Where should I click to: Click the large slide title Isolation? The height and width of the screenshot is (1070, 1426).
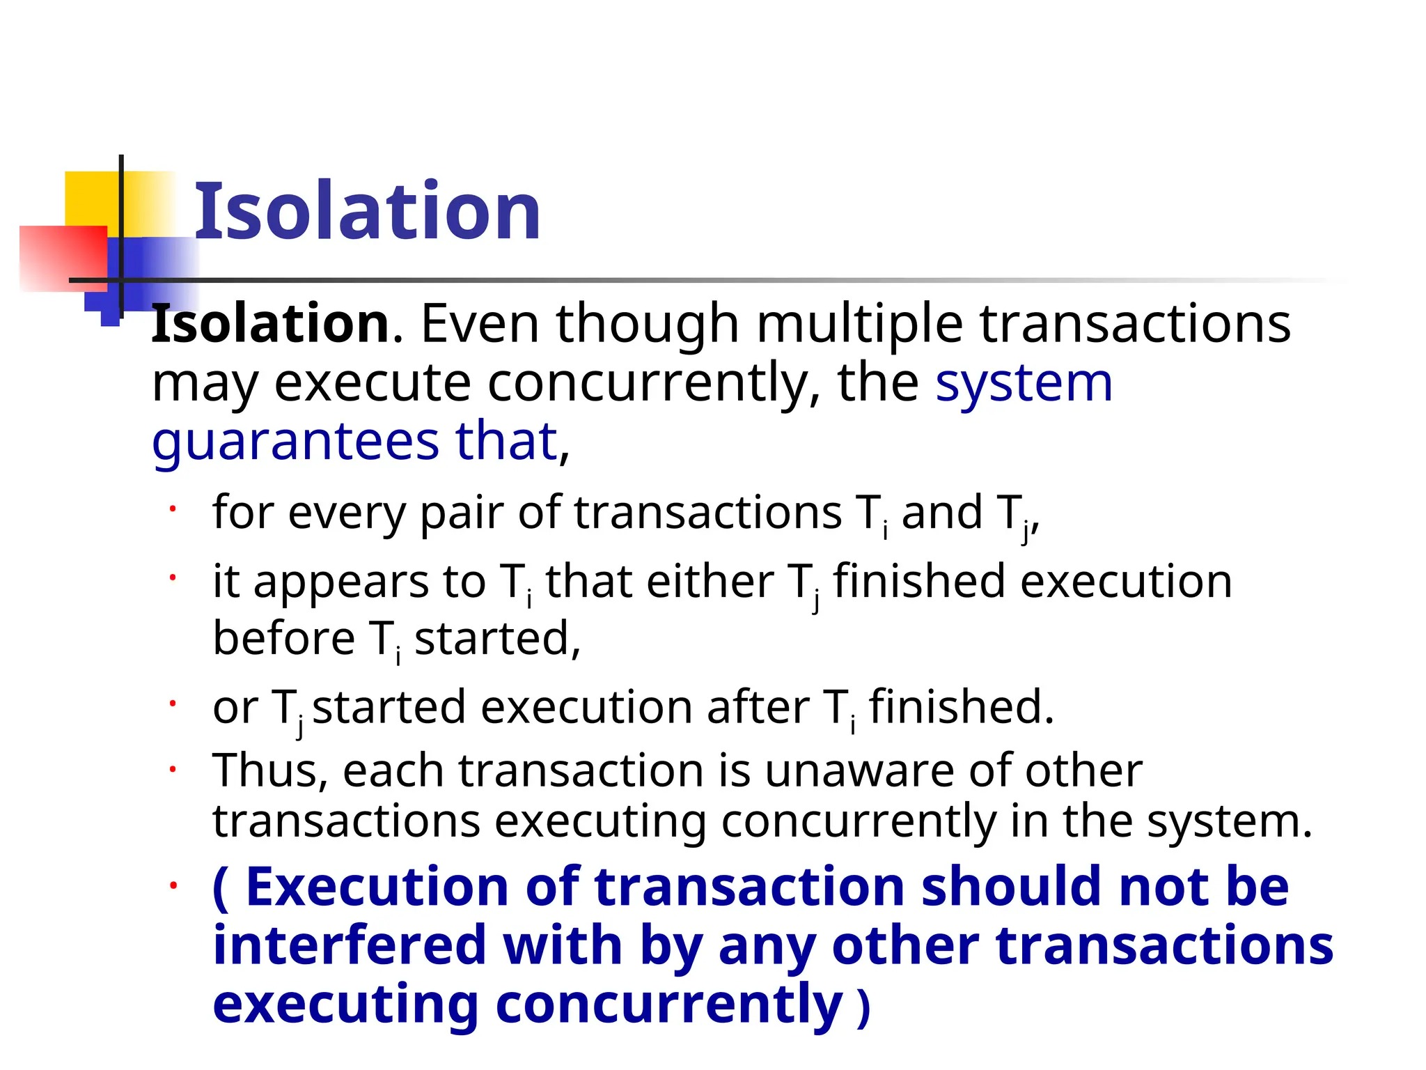point(367,211)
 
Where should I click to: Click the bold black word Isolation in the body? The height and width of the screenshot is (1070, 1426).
point(270,324)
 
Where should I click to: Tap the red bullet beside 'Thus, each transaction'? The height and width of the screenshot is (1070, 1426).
point(173,769)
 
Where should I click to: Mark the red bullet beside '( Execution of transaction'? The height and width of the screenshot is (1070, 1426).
point(173,885)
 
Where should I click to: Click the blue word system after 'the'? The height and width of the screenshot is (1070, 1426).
point(1024,383)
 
